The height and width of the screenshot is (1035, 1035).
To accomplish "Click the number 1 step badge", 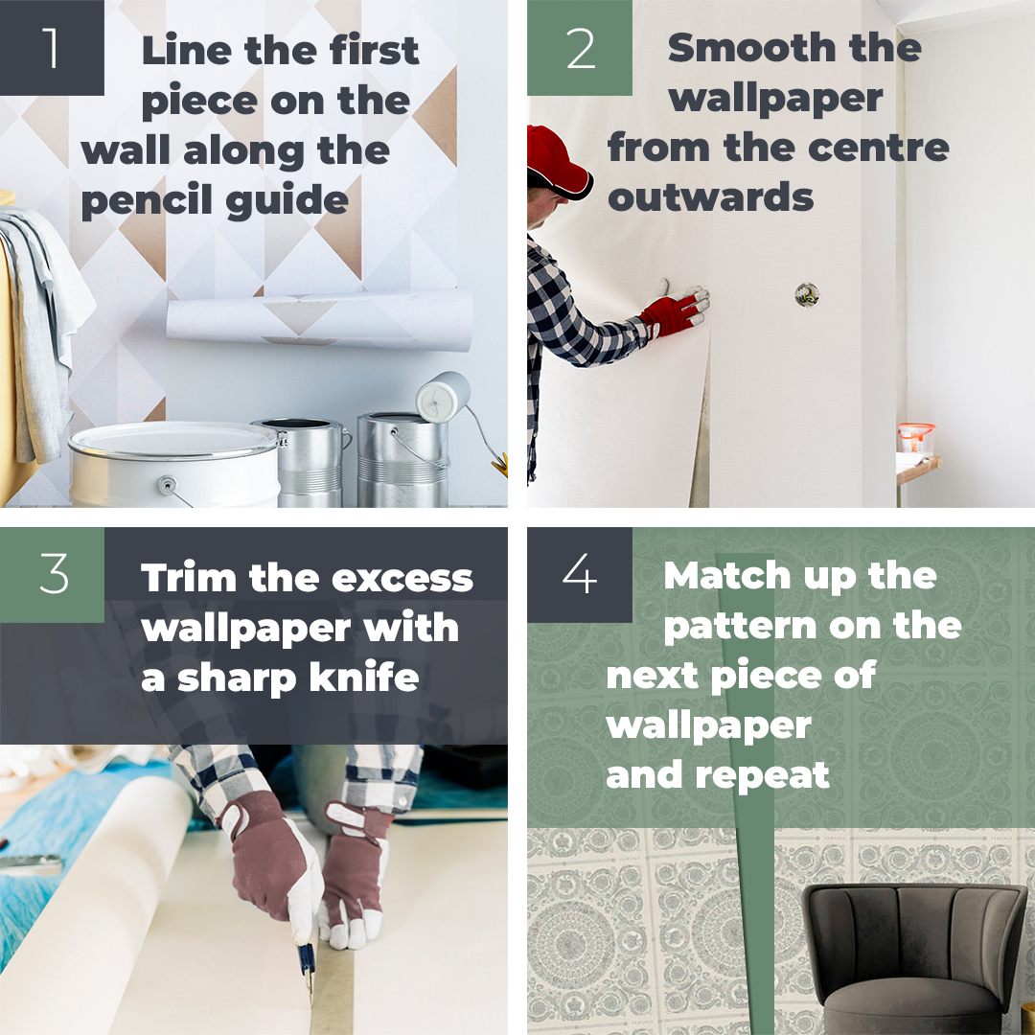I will point(52,48).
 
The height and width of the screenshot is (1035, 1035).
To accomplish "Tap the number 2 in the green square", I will point(580,48).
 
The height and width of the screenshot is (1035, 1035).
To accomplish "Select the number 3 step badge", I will point(52,575).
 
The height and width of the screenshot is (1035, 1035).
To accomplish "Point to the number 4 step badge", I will point(580,575).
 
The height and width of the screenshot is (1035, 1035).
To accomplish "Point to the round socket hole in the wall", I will point(807,295).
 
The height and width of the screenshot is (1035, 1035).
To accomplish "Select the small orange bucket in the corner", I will point(915,438).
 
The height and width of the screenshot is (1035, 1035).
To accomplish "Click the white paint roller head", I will point(443,395).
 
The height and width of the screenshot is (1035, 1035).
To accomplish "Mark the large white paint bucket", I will point(172,465).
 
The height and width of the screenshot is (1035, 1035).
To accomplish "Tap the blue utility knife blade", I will point(306,958).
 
